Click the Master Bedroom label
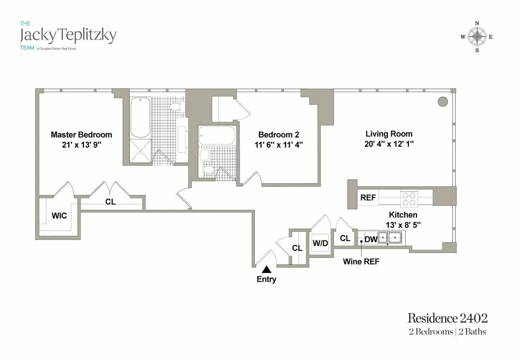[x=81, y=135]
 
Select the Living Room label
[x=389, y=134]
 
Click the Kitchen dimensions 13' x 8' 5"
[x=403, y=225]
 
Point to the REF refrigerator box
[x=368, y=198]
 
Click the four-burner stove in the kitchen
[x=409, y=198]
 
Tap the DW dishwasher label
[x=370, y=239]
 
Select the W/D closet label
[x=320, y=243]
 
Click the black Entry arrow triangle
[x=266, y=269]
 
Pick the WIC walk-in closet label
[x=59, y=215]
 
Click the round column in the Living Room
[x=442, y=102]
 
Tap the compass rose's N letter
[x=477, y=23]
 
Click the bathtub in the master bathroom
[x=140, y=118]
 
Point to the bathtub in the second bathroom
[x=217, y=136]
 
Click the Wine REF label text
[x=361, y=262]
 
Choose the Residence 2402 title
[x=447, y=318]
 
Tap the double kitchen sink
[x=389, y=237]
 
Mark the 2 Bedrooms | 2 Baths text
[x=447, y=332]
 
